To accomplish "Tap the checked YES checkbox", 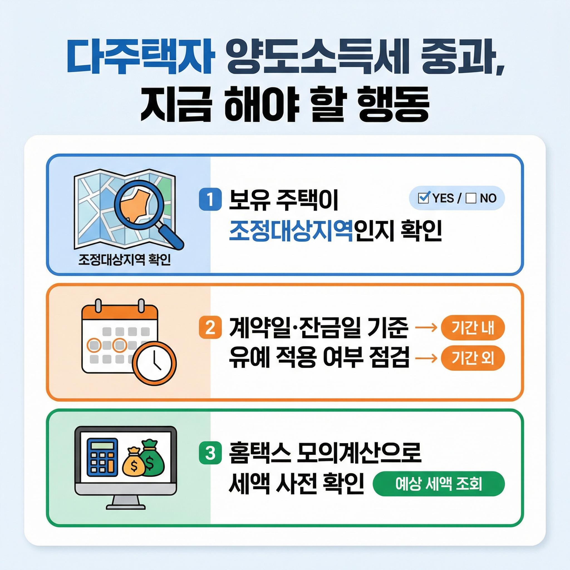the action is tap(424, 198).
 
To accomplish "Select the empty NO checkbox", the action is tap(471, 198).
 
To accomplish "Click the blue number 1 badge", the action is tap(210, 199).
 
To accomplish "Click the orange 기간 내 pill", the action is tap(473, 328).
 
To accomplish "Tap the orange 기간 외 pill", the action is tap(473, 358).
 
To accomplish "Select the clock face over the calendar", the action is tap(154, 363).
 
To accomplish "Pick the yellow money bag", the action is tap(134, 463).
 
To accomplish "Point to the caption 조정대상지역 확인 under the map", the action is tap(124, 260).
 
